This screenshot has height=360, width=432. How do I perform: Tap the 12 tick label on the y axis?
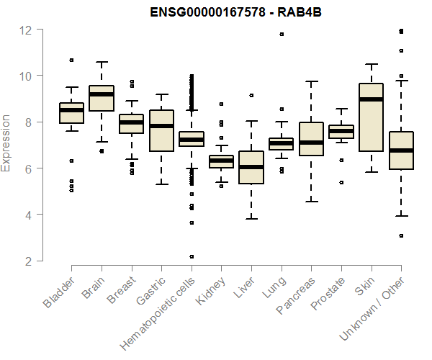coord(26,30)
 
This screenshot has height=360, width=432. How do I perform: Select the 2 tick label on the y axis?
coord(29,261)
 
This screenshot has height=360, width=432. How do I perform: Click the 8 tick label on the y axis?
coord(29,122)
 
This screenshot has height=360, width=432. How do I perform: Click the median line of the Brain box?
coord(102,94)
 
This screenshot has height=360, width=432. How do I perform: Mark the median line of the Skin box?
coord(371,99)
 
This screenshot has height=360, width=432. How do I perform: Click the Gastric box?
coord(161,130)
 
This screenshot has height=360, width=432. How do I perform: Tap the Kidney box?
coord(221,161)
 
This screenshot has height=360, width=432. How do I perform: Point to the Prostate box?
coord(341,131)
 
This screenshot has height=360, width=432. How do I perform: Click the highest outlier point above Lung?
coord(282,34)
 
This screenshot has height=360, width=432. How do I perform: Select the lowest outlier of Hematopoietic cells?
coord(192,256)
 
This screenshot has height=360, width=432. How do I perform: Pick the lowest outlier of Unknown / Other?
coord(401,235)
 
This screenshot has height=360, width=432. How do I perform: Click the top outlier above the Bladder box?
coord(71,60)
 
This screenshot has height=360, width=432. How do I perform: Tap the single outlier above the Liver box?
coord(251,95)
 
